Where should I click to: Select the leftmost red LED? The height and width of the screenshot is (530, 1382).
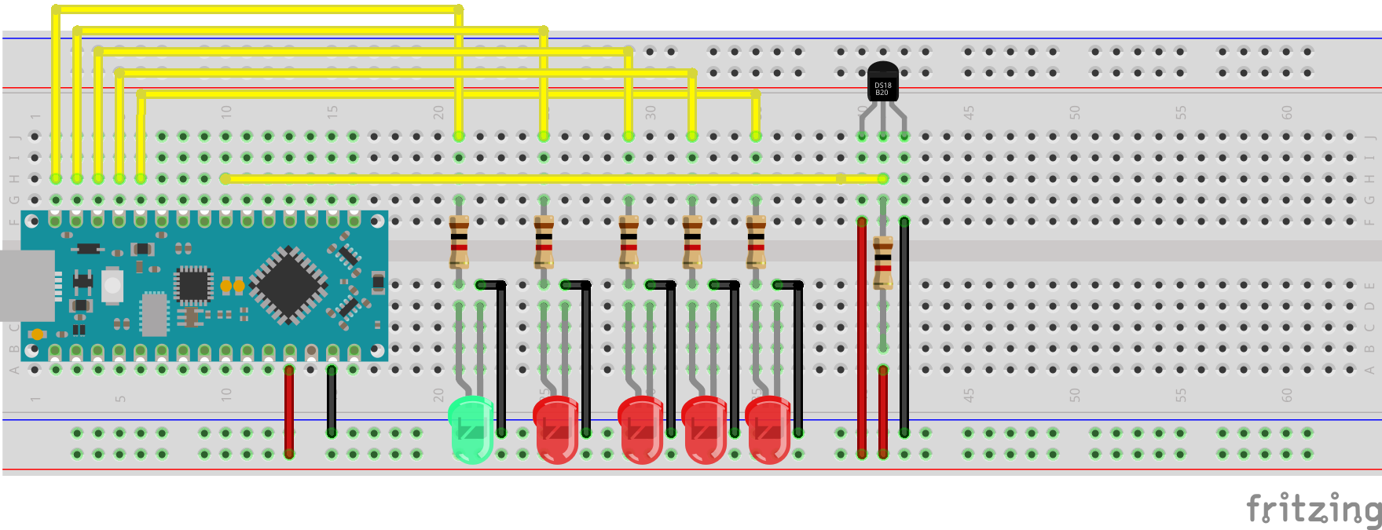(556, 429)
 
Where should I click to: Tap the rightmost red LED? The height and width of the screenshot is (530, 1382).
(768, 429)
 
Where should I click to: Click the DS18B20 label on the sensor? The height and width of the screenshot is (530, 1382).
(882, 89)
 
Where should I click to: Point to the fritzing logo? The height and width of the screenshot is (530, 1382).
(1314, 509)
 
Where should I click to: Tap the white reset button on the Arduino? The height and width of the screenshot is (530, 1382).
(112, 285)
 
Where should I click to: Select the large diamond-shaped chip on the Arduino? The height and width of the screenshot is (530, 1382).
(288, 284)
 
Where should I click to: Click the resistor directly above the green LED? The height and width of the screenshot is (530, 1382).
(459, 242)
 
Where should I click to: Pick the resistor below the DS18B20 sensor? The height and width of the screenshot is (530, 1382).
(883, 262)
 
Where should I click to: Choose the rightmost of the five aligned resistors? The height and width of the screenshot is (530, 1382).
(756, 242)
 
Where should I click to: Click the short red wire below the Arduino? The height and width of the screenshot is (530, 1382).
(289, 411)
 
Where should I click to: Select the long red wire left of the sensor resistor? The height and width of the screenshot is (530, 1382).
(862, 338)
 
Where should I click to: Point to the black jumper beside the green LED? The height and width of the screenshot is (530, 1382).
(501, 357)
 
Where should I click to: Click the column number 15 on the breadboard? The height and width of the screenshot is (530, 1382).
(332, 112)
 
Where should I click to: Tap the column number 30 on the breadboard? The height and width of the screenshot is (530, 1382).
(651, 112)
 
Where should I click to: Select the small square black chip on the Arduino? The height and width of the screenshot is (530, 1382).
(192, 284)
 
